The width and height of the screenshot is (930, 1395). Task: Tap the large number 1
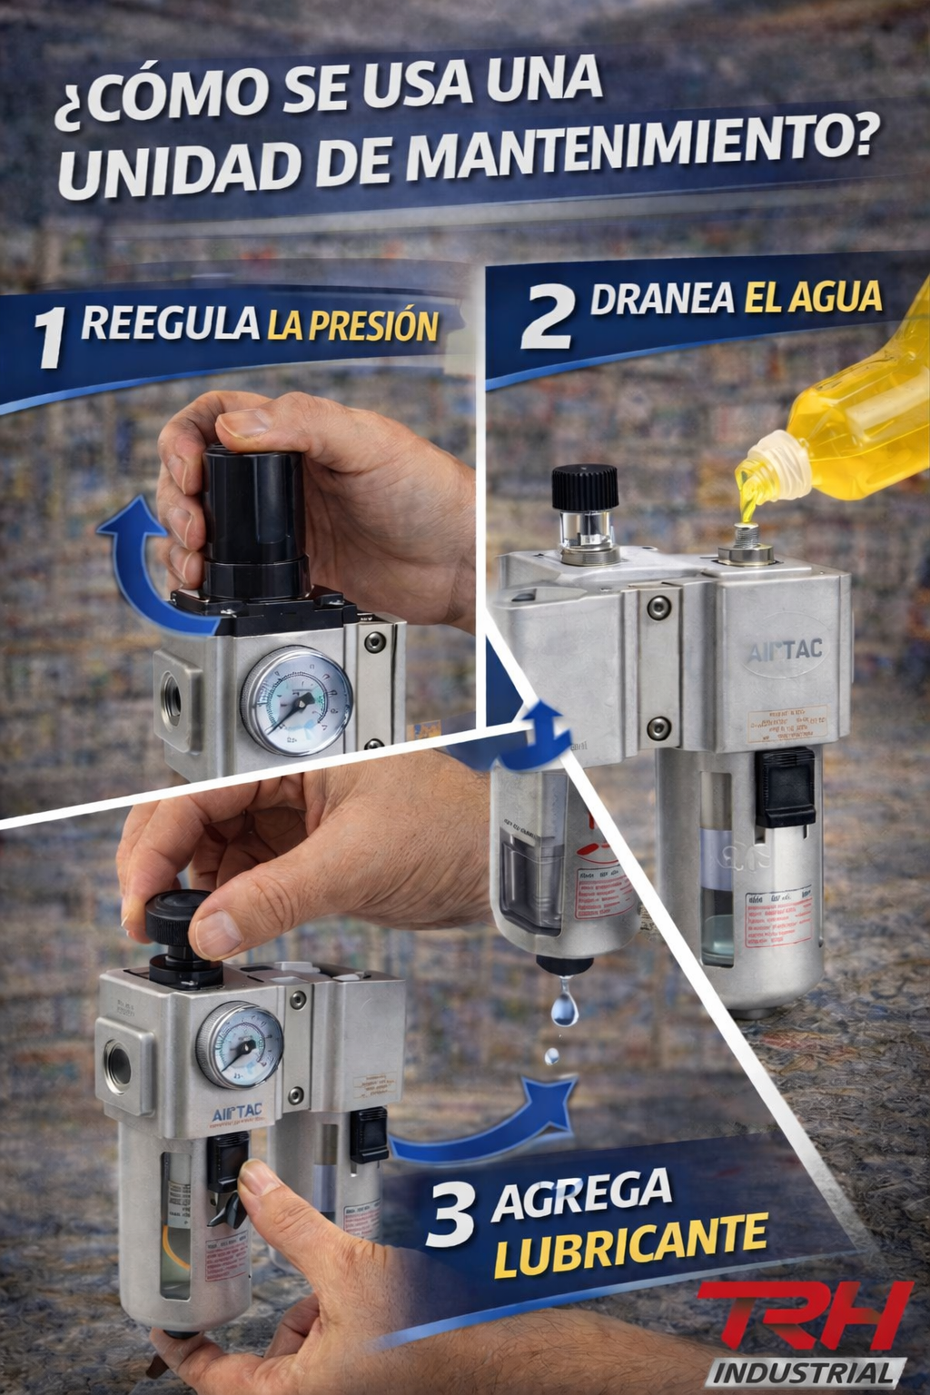point(51,337)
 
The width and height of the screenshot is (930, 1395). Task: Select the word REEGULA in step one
point(170,323)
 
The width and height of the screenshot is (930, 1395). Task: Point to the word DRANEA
point(662,299)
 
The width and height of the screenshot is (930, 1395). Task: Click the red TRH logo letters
point(804,1317)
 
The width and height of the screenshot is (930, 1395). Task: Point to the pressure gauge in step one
point(296,700)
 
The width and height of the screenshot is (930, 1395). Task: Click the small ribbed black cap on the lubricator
point(585,488)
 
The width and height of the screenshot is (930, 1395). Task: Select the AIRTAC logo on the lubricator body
point(785,650)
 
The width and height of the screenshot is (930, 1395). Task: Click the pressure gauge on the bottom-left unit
point(240,1045)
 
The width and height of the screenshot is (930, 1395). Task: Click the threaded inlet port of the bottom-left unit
point(118,1068)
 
